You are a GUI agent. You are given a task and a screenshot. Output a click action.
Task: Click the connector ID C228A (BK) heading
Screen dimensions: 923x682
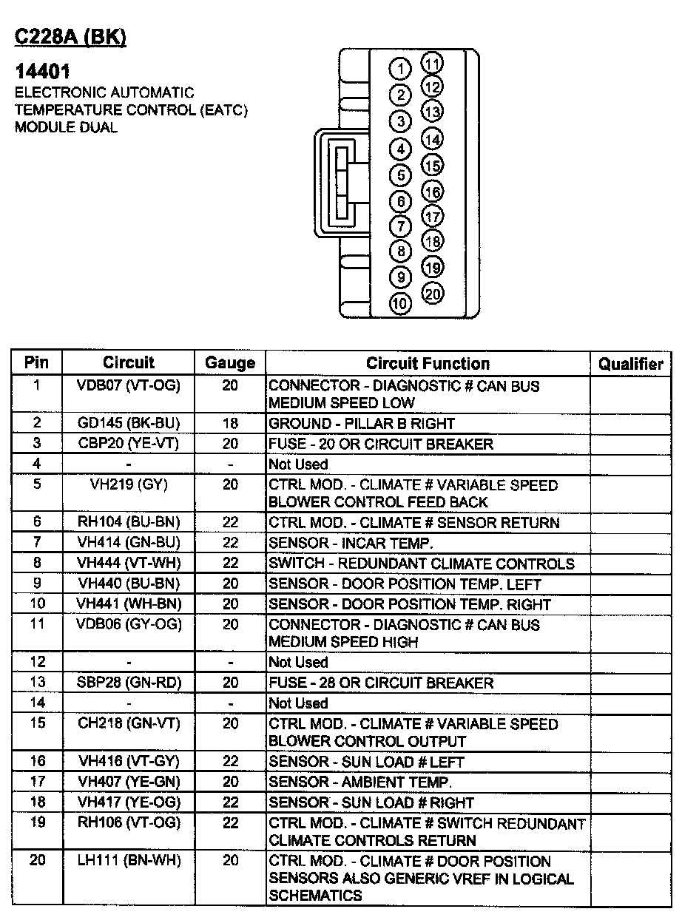click(70, 38)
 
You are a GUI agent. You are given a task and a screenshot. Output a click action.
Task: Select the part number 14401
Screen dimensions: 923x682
click(43, 72)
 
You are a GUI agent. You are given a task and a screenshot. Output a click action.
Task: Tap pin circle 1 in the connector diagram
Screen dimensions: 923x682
click(400, 70)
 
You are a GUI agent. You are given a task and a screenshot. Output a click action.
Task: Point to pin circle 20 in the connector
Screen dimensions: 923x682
click(433, 294)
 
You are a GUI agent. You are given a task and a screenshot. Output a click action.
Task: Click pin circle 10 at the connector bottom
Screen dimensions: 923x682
click(400, 303)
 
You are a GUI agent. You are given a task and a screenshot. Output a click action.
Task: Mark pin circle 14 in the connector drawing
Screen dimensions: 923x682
click(433, 139)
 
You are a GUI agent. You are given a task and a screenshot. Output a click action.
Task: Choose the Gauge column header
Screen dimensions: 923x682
click(230, 363)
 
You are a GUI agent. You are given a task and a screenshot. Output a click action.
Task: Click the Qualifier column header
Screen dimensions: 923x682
click(631, 363)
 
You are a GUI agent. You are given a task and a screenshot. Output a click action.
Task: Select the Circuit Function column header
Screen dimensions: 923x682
click(428, 363)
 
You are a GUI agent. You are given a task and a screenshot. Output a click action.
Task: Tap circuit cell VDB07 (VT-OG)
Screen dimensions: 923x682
click(129, 385)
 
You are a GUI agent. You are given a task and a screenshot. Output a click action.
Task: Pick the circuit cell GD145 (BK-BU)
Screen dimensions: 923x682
click(129, 423)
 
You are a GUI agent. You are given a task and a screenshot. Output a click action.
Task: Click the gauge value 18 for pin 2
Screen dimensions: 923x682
click(230, 423)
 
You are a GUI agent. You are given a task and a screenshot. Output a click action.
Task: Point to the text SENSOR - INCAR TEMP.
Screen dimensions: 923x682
click(351, 543)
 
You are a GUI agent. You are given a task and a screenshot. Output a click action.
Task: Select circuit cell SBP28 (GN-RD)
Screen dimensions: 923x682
click(129, 682)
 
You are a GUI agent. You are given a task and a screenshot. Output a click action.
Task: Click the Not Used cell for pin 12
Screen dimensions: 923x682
click(298, 662)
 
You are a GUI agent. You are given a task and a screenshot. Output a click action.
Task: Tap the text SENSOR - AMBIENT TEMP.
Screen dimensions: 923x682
click(359, 782)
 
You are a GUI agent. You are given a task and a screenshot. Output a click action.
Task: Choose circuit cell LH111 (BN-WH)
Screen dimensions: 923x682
click(129, 860)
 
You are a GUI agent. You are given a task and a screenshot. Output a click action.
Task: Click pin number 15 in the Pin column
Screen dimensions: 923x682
click(37, 723)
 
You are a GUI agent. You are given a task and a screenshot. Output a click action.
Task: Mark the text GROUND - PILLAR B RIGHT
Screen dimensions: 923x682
click(361, 423)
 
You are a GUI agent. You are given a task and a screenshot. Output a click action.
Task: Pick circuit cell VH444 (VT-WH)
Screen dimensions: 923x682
click(129, 563)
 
